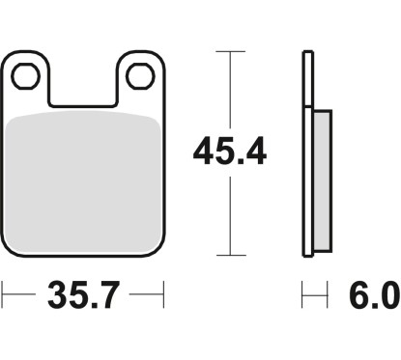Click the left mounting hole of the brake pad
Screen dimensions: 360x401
[28, 74]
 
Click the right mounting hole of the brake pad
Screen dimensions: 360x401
[140, 74]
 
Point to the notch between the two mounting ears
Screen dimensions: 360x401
[84, 92]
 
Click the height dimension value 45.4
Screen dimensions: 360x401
[230, 151]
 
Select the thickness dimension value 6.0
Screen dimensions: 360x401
[376, 295]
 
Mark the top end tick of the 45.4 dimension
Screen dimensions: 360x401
[230, 51]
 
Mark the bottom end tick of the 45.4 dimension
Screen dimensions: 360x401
[230, 257]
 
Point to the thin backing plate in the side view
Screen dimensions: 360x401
[308, 154]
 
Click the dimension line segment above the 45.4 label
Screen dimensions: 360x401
[230, 92]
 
